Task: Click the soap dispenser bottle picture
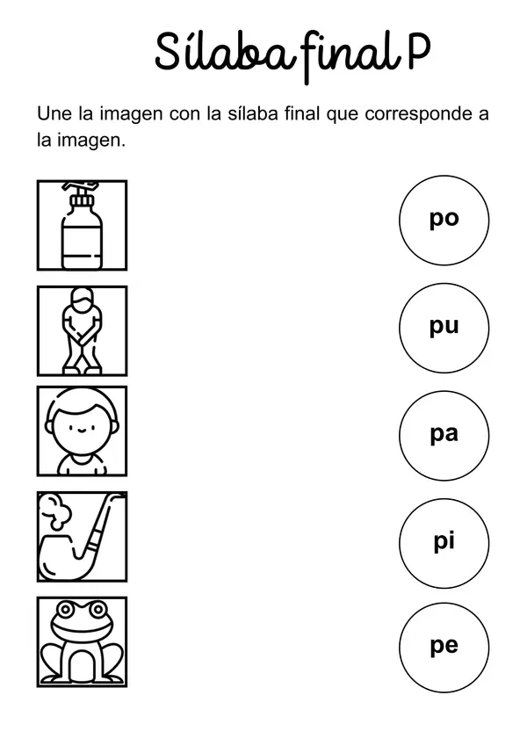pyautogui.click(x=82, y=225)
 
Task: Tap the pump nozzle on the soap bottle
pyautogui.click(x=82, y=188)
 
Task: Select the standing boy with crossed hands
pyautogui.click(x=82, y=330)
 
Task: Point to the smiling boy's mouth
pyautogui.click(x=81, y=431)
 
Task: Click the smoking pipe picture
pyautogui.click(x=82, y=536)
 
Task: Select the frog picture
pyautogui.click(x=82, y=641)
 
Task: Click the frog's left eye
pyautogui.click(x=66, y=609)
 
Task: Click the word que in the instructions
pyautogui.click(x=342, y=117)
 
